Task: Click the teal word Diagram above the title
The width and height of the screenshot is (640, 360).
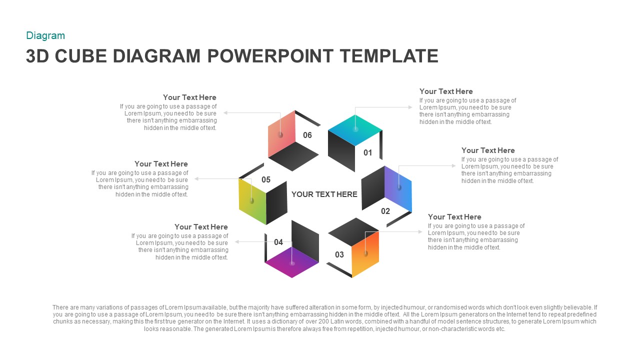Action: click(x=45, y=35)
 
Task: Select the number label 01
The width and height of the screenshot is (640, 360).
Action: click(x=368, y=152)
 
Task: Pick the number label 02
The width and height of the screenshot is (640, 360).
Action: click(x=385, y=211)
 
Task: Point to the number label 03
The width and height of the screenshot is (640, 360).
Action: click(x=339, y=254)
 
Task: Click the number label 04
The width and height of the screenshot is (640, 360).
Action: click(x=278, y=242)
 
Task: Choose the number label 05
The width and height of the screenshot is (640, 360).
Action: click(x=266, y=179)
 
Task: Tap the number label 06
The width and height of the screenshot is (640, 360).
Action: click(x=307, y=135)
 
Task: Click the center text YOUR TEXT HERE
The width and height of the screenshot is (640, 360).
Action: click(x=324, y=194)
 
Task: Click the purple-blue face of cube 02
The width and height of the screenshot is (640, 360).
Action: click(x=398, y=188)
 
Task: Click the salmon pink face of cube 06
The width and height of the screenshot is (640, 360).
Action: click(x=281, y=134)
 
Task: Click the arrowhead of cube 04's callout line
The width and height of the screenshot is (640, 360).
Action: click(x=237, y=241)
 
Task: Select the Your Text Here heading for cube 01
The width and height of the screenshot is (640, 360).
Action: click(x=446, y=91)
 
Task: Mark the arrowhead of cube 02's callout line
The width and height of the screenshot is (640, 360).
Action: click(x=454, y=165)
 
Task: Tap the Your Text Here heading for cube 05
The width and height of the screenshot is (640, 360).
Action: click(x=161, y=164)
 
